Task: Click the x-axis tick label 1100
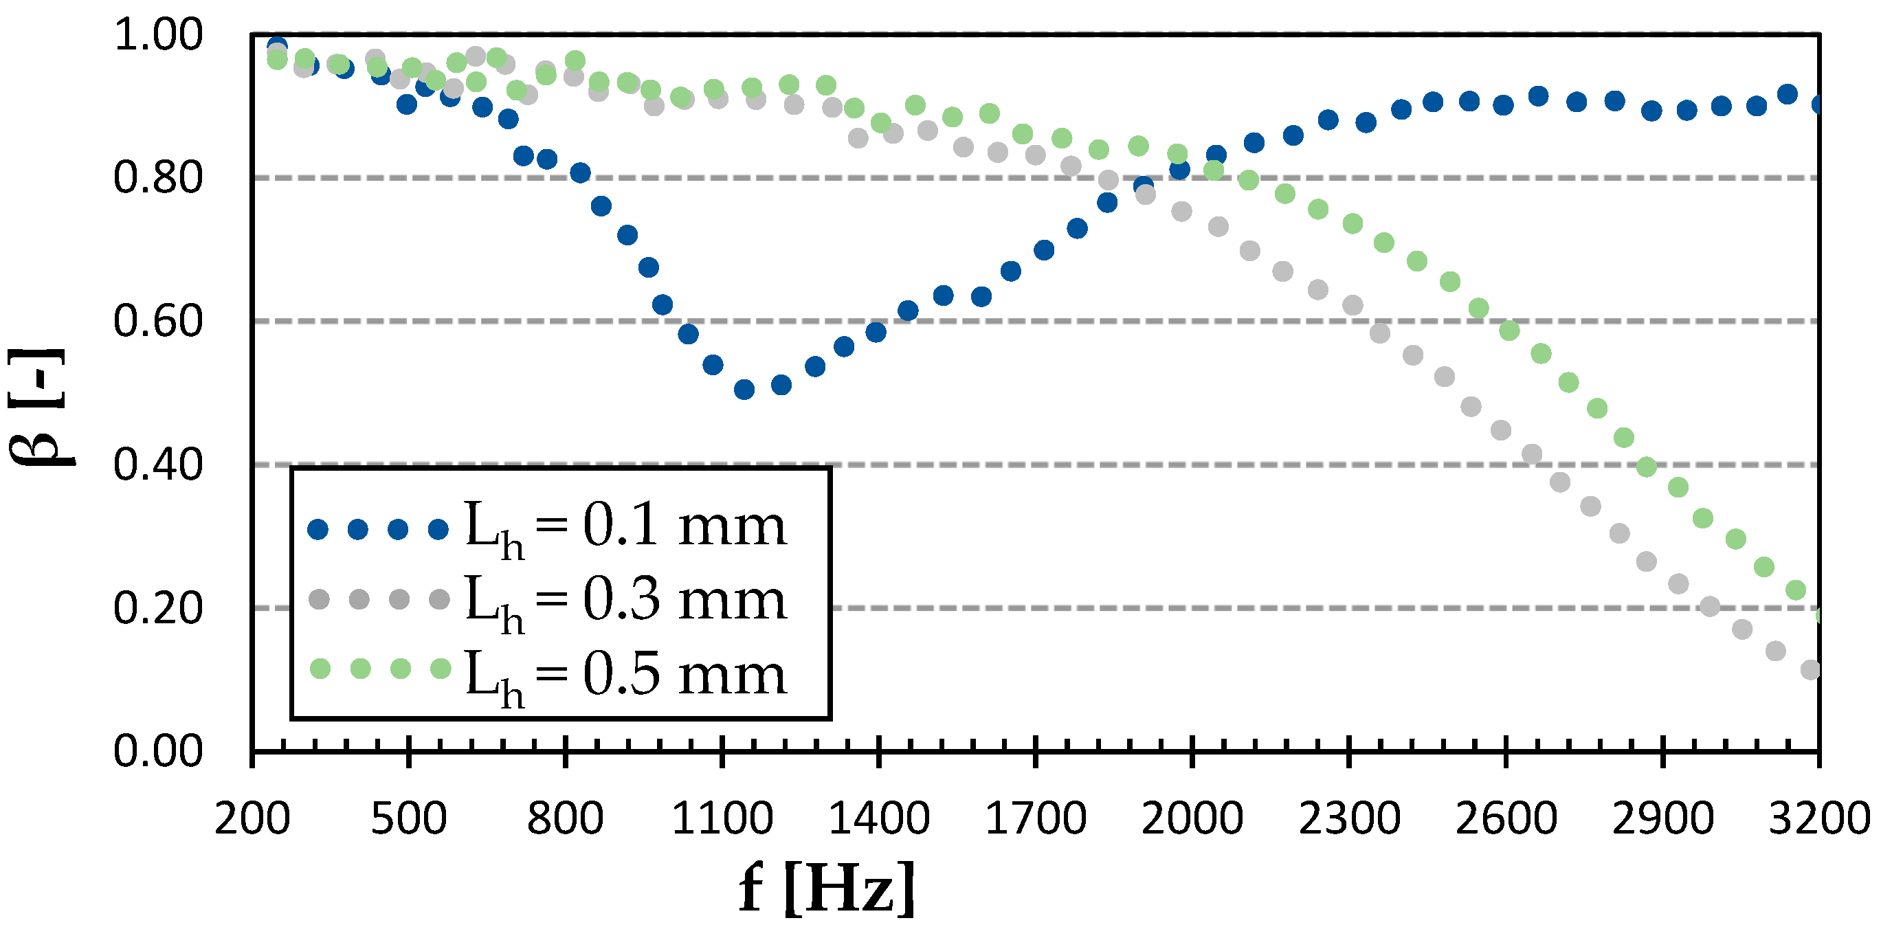pyautogui.click(x=722, y=818)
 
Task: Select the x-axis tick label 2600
pyautogui.click(x=1506, y=818)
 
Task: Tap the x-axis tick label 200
pyautogui.click(x=252, y=818)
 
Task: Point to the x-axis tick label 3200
pyautogui.click(x=1818, y=818)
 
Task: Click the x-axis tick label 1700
pyautogui.click(x=1036, y=818)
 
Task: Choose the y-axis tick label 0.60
pyautogui.click(x=158, y=321)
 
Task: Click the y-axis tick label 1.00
pyautogui.click(x=158, y=34)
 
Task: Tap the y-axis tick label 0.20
pyautogui.click(x=158, y=608)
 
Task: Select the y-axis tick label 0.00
pyautogui.click(x=158, y=751)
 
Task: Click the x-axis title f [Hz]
pyautogui.click(x=827, y=886)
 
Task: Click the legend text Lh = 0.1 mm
pyautogui.click(x=625, y=527)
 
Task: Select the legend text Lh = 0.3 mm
pyautogui.click(x=625, y=600)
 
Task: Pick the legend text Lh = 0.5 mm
pyautogui.click(x=625, y=674)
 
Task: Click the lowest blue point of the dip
pyautogui.click(x=744, y=390)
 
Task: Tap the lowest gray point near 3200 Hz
pyautogui.click(x=1810, y=669)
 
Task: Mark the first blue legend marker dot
pyautogui.click(x=318, y=529)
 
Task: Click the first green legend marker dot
pyautogui.click(x=320, y=668)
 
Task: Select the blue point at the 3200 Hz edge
pyautogui.click(x=1817, y=105)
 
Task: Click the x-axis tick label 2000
pyautogui.click(x=1192, y=818)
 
